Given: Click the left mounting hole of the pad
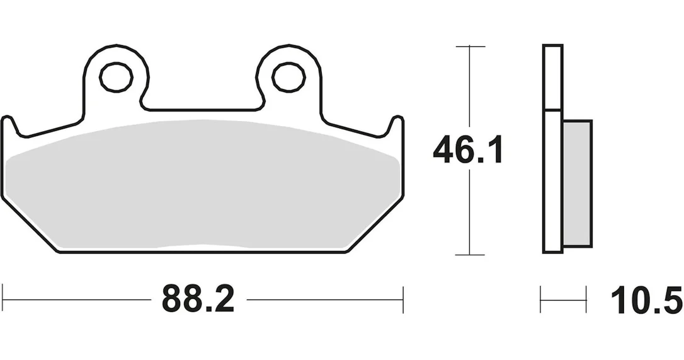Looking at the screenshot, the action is click(116, 78).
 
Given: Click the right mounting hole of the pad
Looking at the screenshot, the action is click(288, 78).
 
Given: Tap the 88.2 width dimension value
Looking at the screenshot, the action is click(198, 299).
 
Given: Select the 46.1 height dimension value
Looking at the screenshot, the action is click(467, 150).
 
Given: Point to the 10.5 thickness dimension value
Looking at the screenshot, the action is click(647, 301).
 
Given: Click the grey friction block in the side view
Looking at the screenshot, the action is click(577, 183).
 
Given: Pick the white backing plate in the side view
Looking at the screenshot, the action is click(553, 149).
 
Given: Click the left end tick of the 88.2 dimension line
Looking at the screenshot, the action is click(3, 299).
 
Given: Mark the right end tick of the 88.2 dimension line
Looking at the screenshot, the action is click(402, 299).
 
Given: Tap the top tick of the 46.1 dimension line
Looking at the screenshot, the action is click(470, 46).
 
